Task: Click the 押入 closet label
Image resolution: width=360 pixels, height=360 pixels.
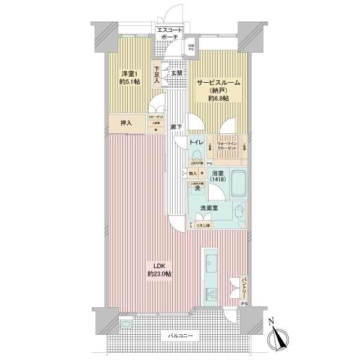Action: point(126,123)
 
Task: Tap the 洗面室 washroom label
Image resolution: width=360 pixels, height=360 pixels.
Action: point(209,208)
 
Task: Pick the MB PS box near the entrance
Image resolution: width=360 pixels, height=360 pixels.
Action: point(191,47)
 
